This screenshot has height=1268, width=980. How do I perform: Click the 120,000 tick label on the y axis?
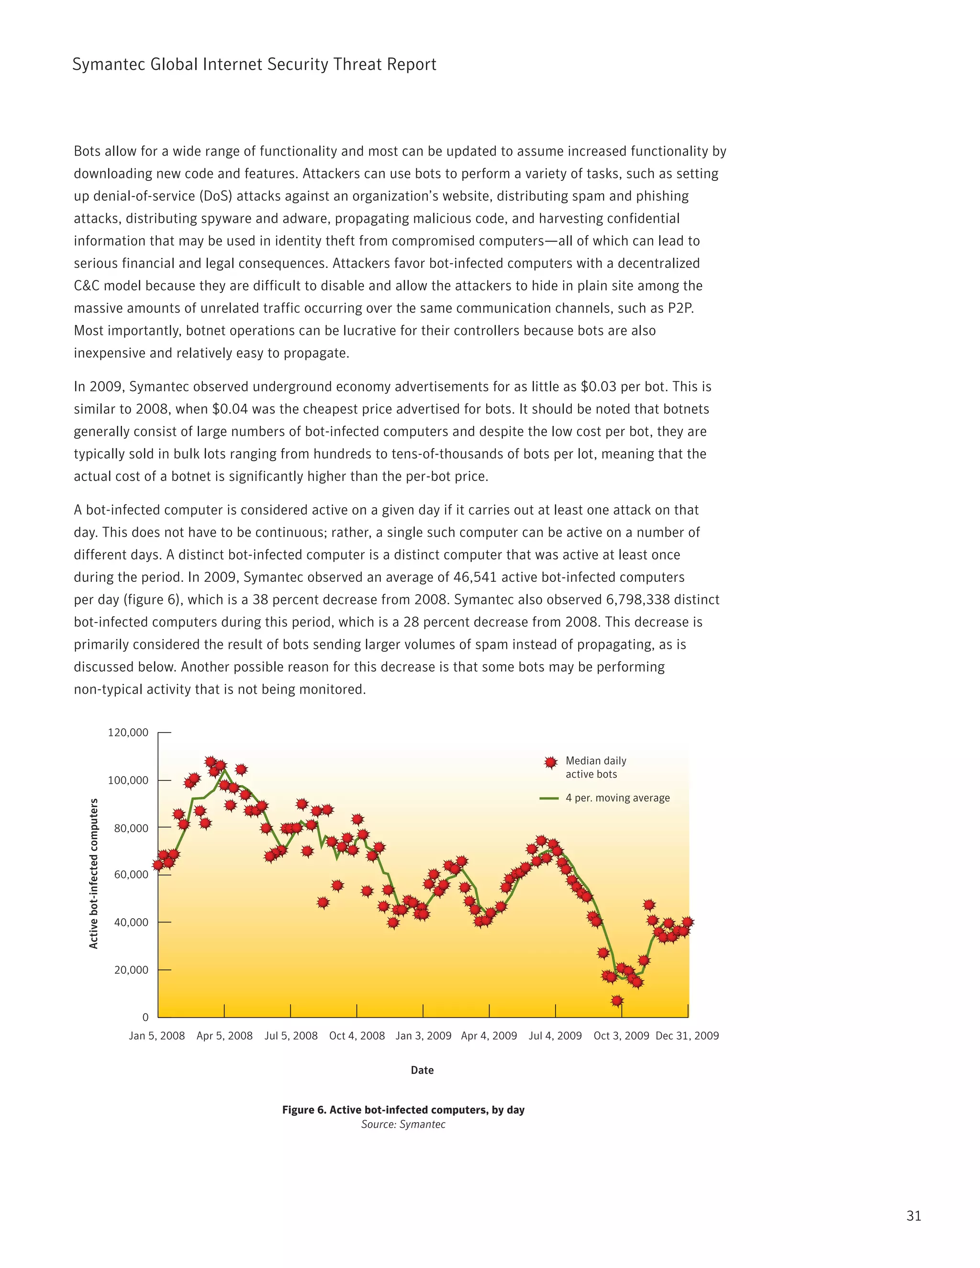coord(128,733)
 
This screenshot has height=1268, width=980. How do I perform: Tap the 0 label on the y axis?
coord(145,1017)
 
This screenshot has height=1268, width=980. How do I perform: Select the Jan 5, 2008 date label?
coord(157,1036)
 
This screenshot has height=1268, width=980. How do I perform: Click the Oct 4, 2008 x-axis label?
coord(357,1036)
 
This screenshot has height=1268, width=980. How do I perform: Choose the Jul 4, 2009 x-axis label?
coord(555,1036)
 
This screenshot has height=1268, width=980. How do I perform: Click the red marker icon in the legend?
coord(551,762)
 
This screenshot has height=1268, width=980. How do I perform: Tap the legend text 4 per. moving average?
coord(617,798)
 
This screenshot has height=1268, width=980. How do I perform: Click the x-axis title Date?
coord(422,1070)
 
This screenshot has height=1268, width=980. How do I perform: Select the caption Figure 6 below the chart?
coord(403,1110)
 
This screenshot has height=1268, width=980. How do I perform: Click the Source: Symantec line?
coord(403,1124)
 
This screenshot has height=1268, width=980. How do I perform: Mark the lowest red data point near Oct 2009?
coord(617,1001)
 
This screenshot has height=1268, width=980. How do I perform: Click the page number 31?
coord(913,1216)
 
